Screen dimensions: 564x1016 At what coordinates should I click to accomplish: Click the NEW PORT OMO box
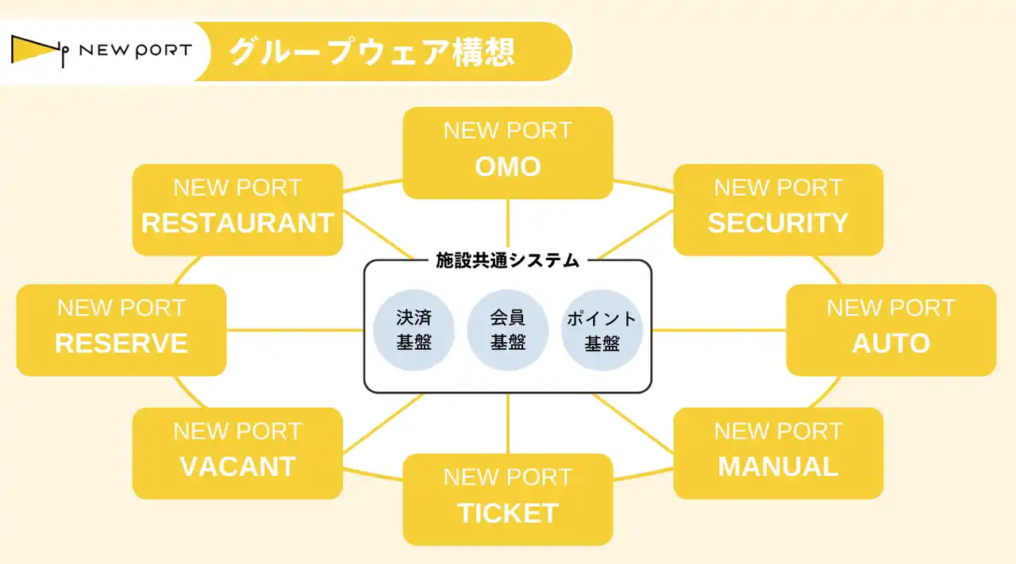click(508, 152)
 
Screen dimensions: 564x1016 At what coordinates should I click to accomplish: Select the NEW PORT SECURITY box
click(778, 209)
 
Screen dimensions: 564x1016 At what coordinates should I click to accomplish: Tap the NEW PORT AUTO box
click(891, 330)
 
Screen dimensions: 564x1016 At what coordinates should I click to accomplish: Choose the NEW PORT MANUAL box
click(778, 453)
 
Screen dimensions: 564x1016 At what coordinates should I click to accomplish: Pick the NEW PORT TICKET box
click(508, 499)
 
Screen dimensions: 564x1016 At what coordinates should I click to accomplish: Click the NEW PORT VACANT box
click(237, 453)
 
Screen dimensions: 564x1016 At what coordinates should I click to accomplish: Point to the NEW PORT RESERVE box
click(121, 330)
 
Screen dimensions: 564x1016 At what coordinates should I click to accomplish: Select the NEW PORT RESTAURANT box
click(237, 209)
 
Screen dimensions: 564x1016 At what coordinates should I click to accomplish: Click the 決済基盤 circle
click(414, 330)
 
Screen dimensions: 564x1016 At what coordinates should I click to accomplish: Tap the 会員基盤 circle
click(508, 330)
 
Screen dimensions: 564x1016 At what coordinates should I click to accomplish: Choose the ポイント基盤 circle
click(602, 330)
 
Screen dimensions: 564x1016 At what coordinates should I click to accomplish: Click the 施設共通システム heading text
click(508, 260)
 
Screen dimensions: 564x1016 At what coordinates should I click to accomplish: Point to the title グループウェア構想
click(372, 52)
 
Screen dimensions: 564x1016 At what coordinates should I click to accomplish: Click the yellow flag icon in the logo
click(33, 49)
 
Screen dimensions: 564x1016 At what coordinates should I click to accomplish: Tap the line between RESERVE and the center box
click(294, 330)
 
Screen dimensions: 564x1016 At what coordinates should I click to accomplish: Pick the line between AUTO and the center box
click(718, 330)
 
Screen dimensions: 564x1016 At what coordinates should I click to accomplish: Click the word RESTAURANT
click(237, 223)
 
